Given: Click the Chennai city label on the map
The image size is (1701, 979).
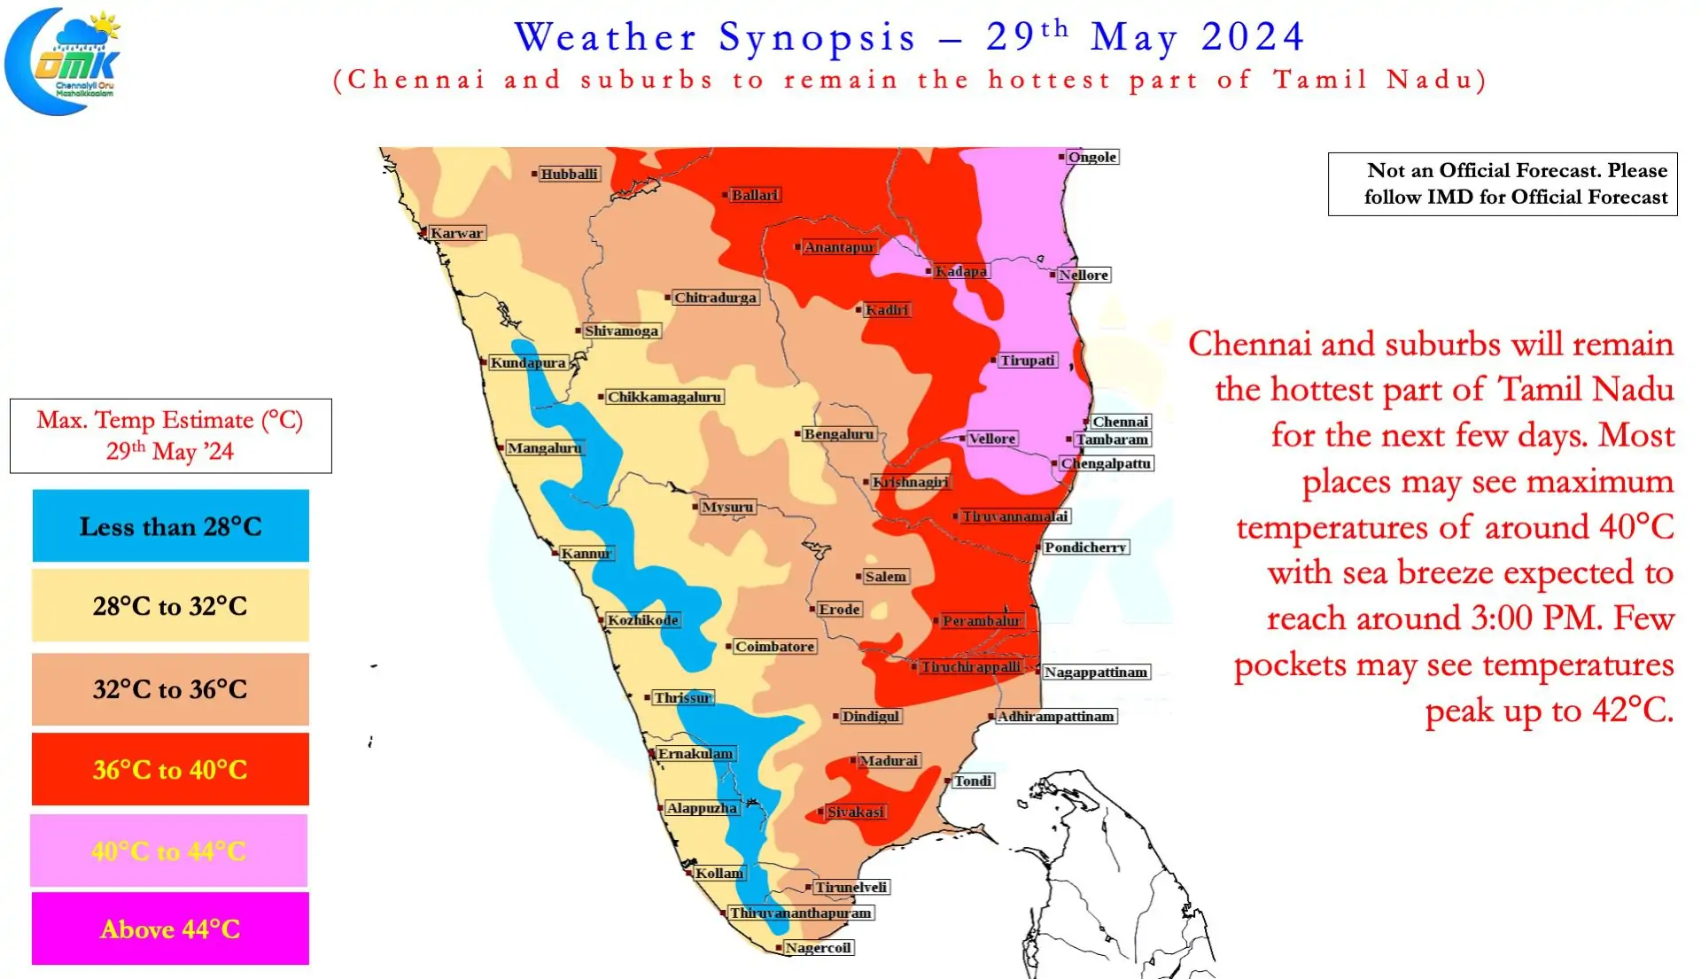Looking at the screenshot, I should click(x=1120, y=422).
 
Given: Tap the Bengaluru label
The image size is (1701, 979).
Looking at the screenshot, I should click(x=838, y=434).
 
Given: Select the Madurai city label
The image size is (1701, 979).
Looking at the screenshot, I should click(x=889, y=760).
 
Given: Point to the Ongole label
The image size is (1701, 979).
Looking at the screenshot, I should click(x=1091, y=157).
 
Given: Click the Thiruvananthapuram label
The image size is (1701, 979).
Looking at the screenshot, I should click(x=800, y=913).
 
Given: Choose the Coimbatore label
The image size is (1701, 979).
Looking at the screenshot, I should click(x=773, y=647).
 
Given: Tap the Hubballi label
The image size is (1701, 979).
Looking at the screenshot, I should click(x=569, y=174).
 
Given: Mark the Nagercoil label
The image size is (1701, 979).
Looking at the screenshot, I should click(x=818, y=948).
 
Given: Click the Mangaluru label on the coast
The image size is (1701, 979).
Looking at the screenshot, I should click(x=544, y=448).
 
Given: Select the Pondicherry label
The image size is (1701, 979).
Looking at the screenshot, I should click(x=1084, y=548).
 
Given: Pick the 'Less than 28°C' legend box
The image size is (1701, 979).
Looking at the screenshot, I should click(x=170, y=526).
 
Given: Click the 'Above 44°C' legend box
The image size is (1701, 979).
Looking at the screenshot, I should click(x=170, y=928).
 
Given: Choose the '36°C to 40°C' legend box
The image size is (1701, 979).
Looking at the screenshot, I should click(x=170, y=769).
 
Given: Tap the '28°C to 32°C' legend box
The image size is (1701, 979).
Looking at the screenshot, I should click(x=170, y=606).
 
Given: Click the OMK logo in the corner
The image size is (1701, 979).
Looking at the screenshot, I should click(x=64, y=60).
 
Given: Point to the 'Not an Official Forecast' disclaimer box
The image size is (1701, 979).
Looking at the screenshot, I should click(x=1502, y=183).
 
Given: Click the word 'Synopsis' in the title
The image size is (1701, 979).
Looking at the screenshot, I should click(x=817, y=37).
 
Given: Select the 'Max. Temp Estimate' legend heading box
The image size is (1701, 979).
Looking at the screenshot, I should click(x=170, y=436).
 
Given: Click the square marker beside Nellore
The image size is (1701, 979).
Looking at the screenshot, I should click(x=1052, y=275).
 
